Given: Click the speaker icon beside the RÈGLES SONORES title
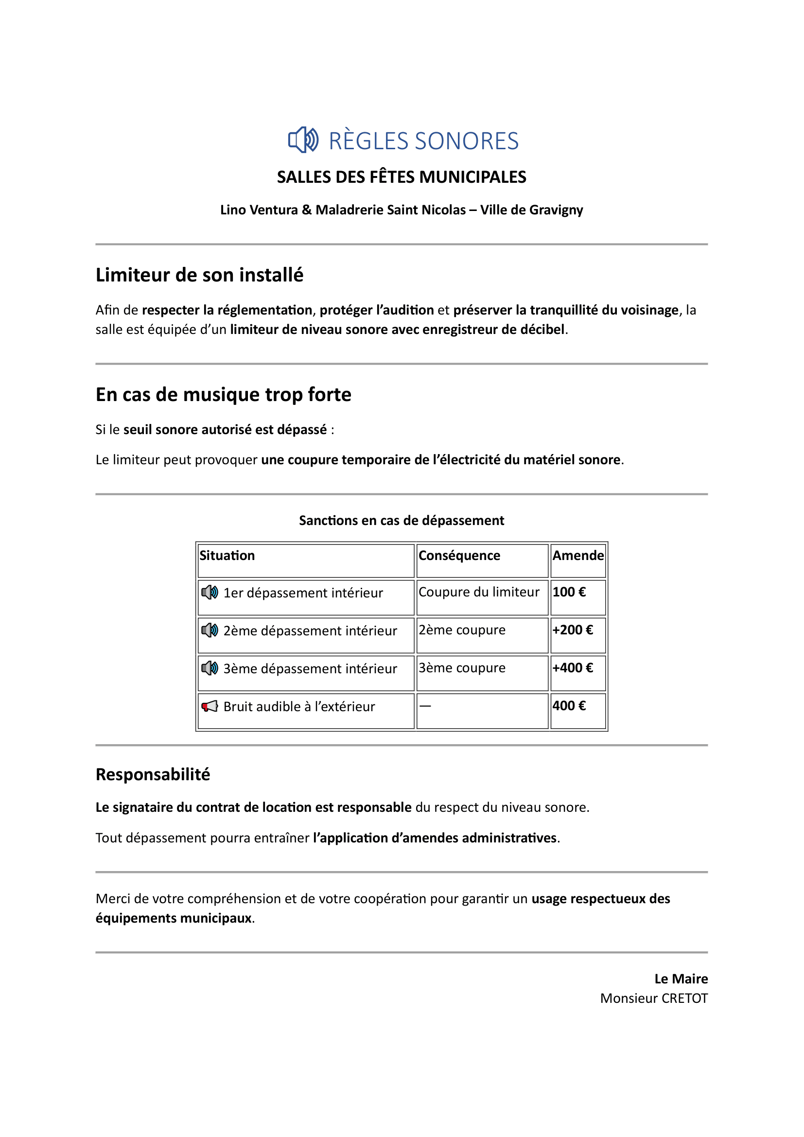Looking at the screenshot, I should tap(303, 140).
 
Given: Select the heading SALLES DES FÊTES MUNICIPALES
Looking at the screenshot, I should tap(402, 177).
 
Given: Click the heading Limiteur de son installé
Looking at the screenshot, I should tap(199, 275).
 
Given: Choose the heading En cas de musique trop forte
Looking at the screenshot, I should tap(223, 395).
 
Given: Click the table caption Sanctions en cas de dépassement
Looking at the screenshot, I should tap(402, 521).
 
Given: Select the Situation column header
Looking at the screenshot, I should tap(227, 556).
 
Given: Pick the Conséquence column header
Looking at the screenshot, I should tap(459, 556).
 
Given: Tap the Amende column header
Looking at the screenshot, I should tap(578, 556).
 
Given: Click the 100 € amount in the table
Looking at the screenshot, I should tap(569, 592).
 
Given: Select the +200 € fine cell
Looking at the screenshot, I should tap(572, 630).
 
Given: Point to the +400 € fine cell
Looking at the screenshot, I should tap(572, 668).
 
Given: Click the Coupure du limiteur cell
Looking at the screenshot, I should tap(479, 592).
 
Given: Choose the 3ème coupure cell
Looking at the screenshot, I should tap(462, 668).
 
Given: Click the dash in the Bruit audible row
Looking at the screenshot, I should tap(425, 706).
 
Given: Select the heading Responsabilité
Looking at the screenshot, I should tap(153, 774).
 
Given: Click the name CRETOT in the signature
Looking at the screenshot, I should tap(684, 998).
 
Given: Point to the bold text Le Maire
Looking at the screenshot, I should tap(681, 979).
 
